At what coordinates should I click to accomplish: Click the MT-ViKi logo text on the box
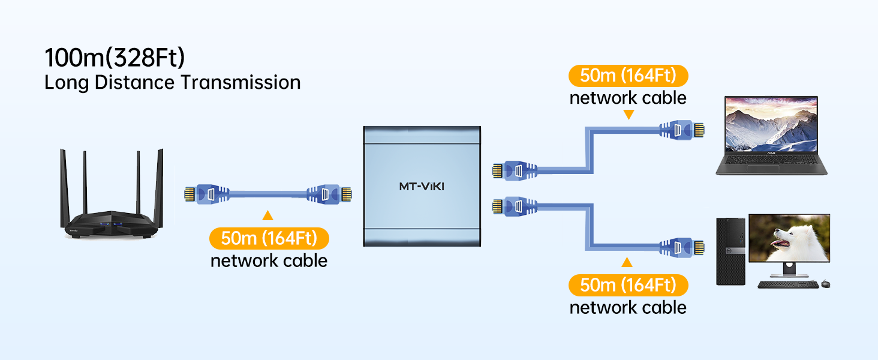coord(422,186)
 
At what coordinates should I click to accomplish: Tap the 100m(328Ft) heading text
coord(115,58)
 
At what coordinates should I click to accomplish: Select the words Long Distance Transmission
coord(173,82)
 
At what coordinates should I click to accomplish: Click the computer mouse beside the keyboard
coord(826,284)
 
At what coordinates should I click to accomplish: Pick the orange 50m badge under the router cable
coord(269,238)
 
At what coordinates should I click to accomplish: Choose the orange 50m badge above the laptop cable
coord(628,76)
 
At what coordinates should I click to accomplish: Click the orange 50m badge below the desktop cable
coord(628,284)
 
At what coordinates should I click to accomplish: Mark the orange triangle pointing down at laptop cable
coord(628,114)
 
